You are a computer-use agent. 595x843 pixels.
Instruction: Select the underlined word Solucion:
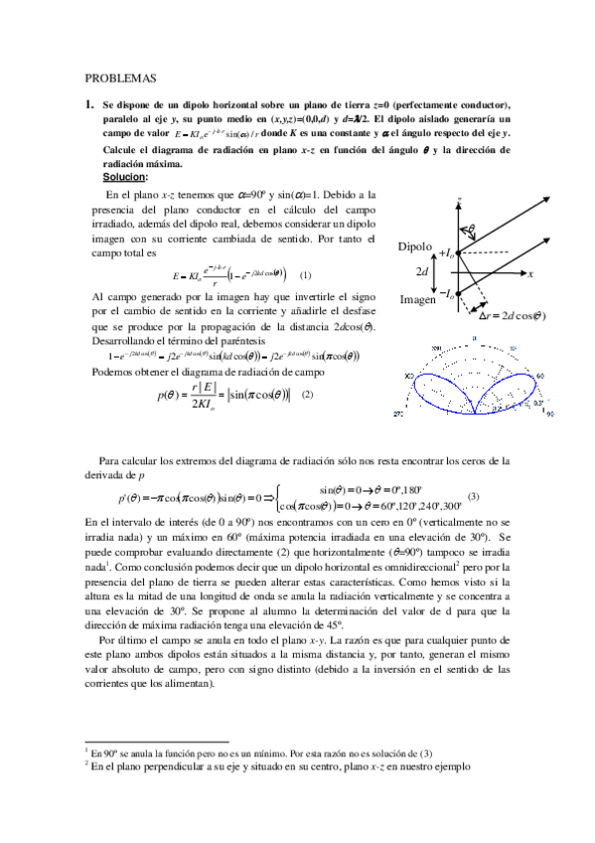[x=118, y=176]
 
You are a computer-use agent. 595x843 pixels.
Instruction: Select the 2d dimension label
[x=422, y=272]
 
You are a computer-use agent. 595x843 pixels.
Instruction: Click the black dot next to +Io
[x=459, y=252]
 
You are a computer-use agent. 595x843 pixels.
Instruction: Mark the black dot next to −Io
[x=459, y=293]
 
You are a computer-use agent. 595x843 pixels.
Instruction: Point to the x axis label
[x=530, y=273]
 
